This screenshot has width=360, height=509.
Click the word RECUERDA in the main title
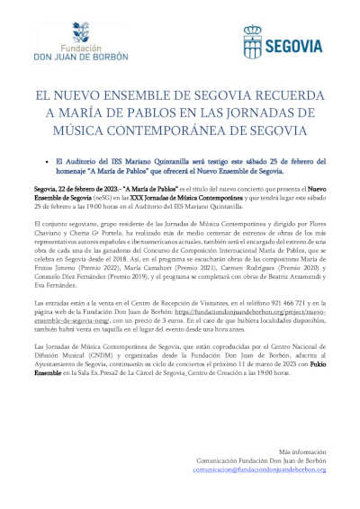pos(289,94)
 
